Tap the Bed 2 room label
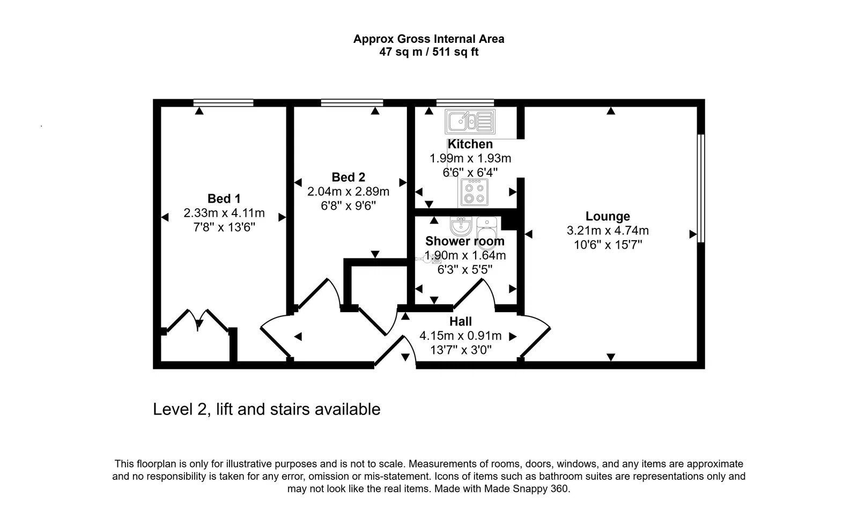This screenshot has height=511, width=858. [x=348, y=177]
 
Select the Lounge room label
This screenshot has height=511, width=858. [x=608, y=216]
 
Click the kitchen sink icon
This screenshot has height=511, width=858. [x=469, y=122]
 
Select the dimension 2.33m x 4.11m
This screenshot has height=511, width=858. [x=224, y=213]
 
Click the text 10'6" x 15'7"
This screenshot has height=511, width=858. [x=608, y=245]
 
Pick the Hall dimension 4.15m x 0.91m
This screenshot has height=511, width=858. [x=460, y=336]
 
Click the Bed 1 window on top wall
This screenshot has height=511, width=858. [x=223, y=102]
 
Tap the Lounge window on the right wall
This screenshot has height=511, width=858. [x=700, y=188]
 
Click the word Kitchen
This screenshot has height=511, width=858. [x=470, y=144]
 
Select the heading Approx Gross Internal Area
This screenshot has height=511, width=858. [x=428, y=39]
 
